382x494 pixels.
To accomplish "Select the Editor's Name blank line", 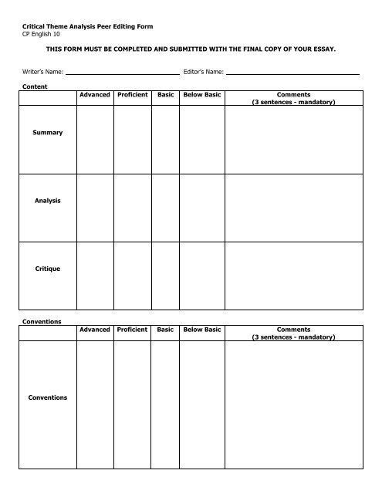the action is click(292, 74).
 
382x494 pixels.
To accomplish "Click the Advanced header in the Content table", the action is click(95, 94).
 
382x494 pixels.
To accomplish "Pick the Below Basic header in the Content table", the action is click(201, 94).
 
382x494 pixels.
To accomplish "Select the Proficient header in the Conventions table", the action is click(133, 329).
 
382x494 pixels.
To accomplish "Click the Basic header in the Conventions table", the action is click(165, 329).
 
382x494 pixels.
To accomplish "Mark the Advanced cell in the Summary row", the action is click(95, 139).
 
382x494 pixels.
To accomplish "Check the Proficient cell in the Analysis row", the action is click(133, 207).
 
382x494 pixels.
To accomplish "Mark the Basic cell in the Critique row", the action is click(165, 275).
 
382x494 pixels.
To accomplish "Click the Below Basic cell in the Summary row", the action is click(201, 139).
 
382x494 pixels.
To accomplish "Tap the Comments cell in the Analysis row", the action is click(292, 207).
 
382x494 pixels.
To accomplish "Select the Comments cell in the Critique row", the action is click(292, 275).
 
